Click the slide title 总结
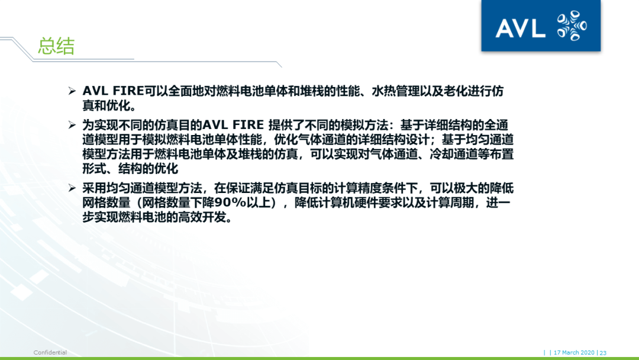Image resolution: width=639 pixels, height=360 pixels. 56,46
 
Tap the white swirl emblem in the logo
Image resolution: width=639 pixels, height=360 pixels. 572,27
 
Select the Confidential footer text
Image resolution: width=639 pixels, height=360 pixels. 50,352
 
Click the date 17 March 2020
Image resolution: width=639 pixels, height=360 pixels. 574,352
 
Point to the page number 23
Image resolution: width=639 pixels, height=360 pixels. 603,352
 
